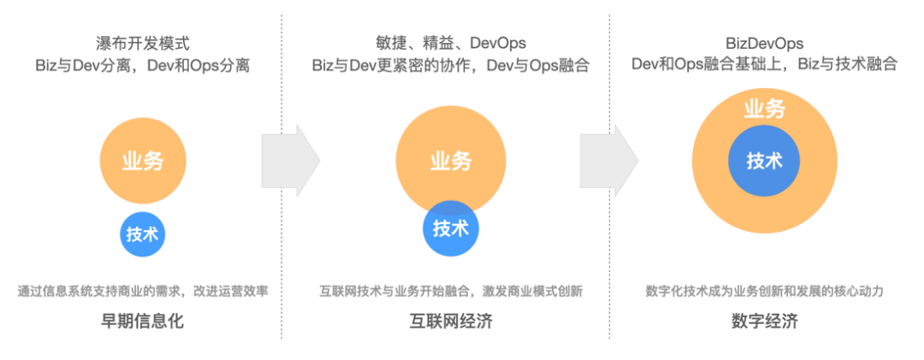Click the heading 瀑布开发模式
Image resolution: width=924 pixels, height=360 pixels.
[142, 42]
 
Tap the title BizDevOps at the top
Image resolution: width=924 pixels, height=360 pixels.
[764, 42]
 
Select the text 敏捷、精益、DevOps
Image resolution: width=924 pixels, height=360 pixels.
[450, 42]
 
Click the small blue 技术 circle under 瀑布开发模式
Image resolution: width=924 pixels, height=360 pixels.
[142, 234]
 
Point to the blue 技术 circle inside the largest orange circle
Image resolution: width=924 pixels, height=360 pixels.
[764, 161]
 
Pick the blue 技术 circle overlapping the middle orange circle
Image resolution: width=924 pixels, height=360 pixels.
[451, 228]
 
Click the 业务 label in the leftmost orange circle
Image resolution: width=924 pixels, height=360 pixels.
[143, 161]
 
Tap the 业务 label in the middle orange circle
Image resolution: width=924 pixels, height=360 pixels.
[451, 161]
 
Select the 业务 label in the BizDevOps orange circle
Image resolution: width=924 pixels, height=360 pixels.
[764, 109]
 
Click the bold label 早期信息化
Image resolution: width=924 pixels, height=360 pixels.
[143, 322]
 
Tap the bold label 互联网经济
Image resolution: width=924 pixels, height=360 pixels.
[450, 322]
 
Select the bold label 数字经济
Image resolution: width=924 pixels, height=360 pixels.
[764, 322]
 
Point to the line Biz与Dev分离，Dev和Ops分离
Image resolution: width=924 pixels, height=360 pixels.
[142, 65]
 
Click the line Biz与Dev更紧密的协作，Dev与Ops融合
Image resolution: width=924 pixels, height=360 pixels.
[450, 65]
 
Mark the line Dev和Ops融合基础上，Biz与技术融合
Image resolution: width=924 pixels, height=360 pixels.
[764, 65]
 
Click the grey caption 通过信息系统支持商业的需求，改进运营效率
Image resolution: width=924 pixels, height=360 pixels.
[143, 291]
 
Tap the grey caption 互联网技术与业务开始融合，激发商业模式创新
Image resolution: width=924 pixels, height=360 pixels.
[450, 291]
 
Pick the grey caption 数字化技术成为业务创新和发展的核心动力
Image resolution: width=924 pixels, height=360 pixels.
[764, 291]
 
